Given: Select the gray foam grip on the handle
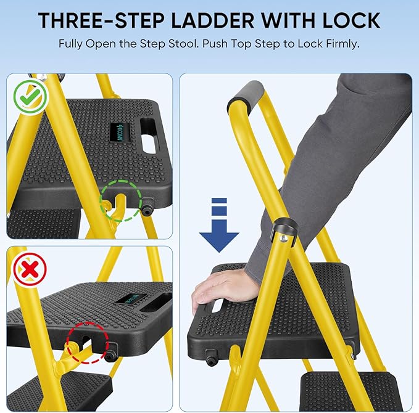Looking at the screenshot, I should (246, 97).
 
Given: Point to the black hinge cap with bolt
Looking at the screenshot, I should (284, 231).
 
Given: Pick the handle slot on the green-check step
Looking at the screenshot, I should (149, 134).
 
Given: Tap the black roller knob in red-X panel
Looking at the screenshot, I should (112, 356).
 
